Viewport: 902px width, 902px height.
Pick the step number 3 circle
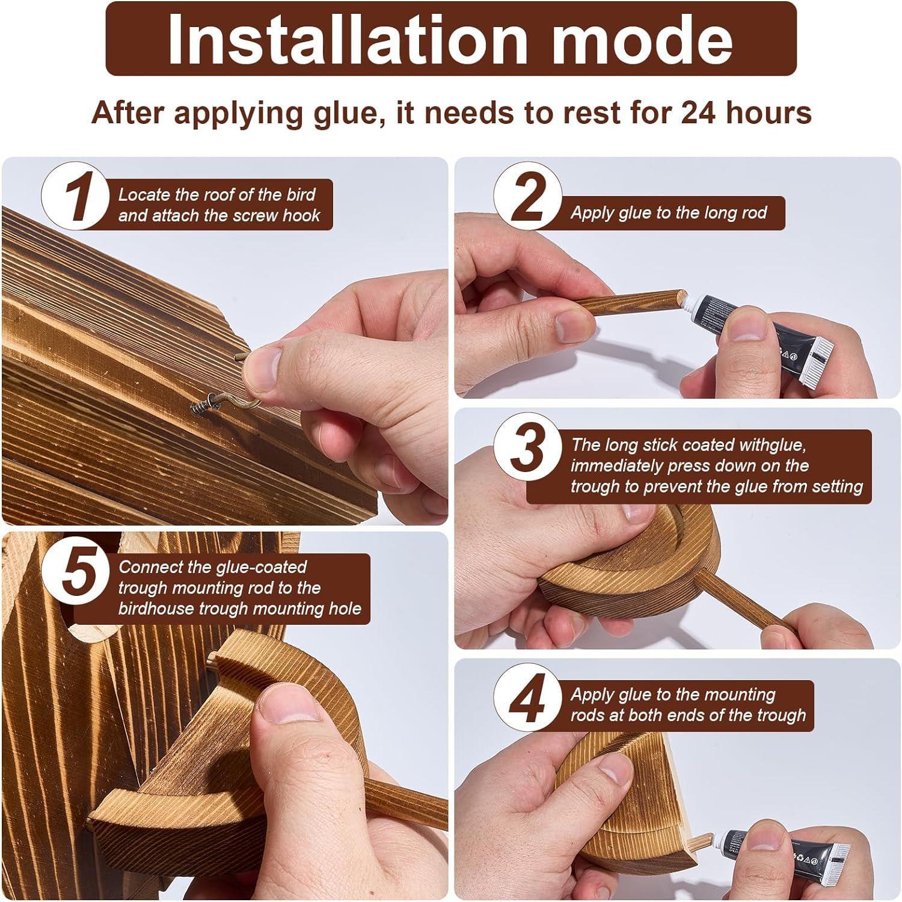(x=528, y=447)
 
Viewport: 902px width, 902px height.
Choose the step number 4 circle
(x=528, y=698)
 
